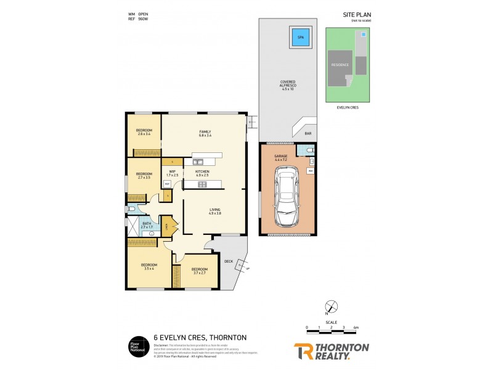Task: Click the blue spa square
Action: pos(301,38)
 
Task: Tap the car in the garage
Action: pos(286,197)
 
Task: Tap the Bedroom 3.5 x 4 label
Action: pos(150,266)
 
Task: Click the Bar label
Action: pos(306,133)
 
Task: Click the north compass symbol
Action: pos(332,306)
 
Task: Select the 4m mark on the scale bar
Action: pos(356,327)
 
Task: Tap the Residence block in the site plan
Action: pos(340,65)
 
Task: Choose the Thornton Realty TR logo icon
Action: pos(303,350)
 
